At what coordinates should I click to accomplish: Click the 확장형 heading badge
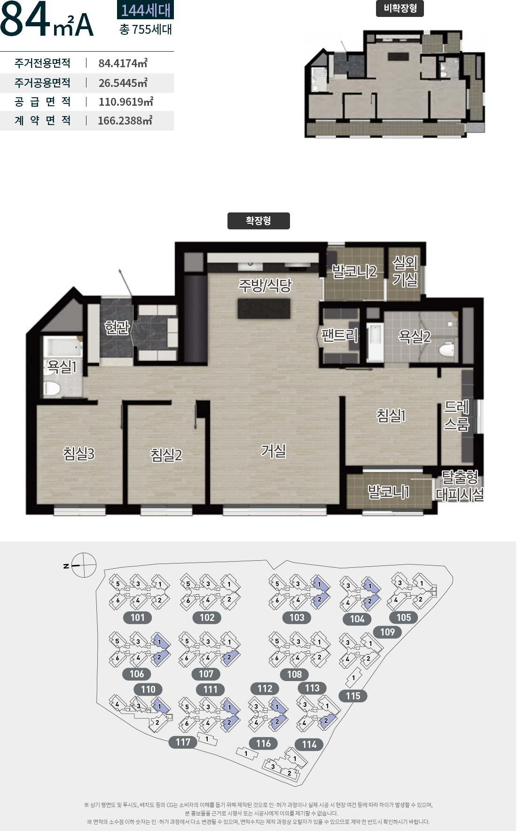coord(258,221)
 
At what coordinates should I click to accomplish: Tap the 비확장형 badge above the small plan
coord(400,8)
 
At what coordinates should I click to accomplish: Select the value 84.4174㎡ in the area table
coord(123,63)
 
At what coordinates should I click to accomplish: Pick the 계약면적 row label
coord(43,121)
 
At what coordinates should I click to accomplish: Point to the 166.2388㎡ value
coord(125,121)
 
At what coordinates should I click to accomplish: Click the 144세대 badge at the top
coord(145,10)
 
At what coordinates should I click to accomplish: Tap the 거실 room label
coord(274,451)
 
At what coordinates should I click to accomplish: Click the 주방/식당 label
coord(266,285)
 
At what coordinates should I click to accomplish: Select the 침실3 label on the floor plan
coord(79,454)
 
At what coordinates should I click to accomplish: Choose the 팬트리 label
coord(339,335)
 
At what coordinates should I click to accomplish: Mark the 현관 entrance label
coord(117,327)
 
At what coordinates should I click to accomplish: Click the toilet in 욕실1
coord(51,389)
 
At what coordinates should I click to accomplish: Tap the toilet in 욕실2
coord(446,350)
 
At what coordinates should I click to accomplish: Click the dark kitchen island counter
coord(264,308)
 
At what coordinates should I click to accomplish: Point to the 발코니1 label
coord(388,492)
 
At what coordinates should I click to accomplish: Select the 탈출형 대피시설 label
coord(460,486)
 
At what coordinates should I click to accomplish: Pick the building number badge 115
coord(353,696)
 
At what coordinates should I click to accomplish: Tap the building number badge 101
coord(138,618)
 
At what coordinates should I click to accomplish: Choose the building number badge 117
coord(183,742)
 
